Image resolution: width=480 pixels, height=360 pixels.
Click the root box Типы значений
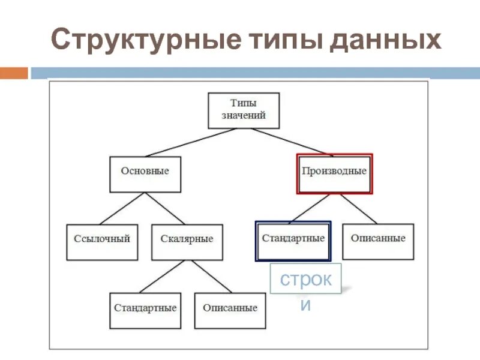pos(244,110)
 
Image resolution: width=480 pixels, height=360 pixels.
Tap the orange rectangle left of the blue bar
pos(14,73)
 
